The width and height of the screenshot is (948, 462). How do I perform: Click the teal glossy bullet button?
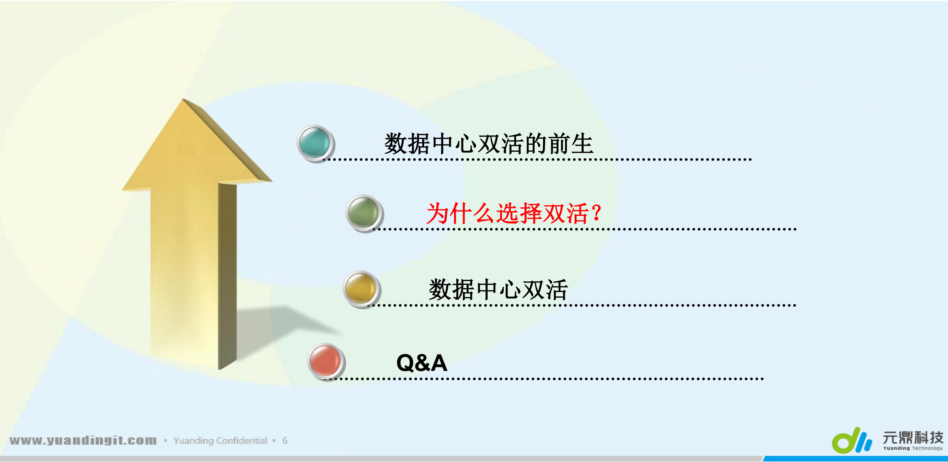click(315, 143)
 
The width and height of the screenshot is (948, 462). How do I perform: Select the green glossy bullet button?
click(364, 213)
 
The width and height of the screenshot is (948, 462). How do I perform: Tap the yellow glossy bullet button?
click(361, 289)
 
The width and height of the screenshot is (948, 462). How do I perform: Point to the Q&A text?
click(422, 363)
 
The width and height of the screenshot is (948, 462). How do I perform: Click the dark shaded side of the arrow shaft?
click(227, 276)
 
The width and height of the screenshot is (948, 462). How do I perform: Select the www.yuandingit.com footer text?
click(83, 440)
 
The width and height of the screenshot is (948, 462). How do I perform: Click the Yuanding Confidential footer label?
click(220, 441)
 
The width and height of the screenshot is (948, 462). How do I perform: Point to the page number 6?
click(285, 441)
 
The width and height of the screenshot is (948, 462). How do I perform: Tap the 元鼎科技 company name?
click(913, 438)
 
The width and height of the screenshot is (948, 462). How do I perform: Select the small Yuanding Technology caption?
click(913, 448)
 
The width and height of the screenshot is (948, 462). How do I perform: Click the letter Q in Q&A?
click(405, 363)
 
